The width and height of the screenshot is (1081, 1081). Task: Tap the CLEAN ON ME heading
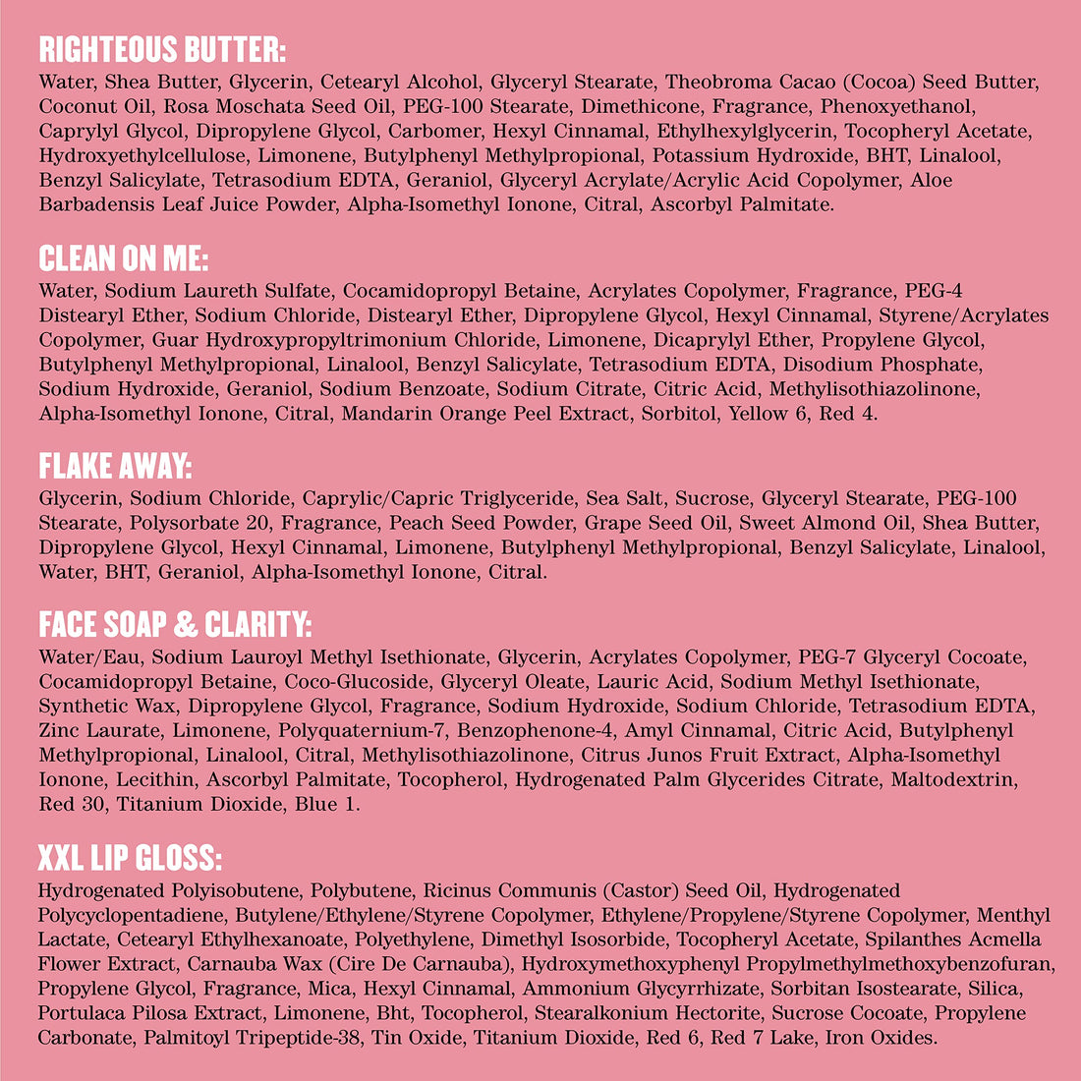(x=124, y=258)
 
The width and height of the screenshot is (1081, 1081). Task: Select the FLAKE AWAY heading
(x=115, y=466)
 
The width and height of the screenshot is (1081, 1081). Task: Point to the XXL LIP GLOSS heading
(x=130, y=859)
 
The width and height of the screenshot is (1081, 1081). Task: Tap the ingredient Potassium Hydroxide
(x=748, y=155)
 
